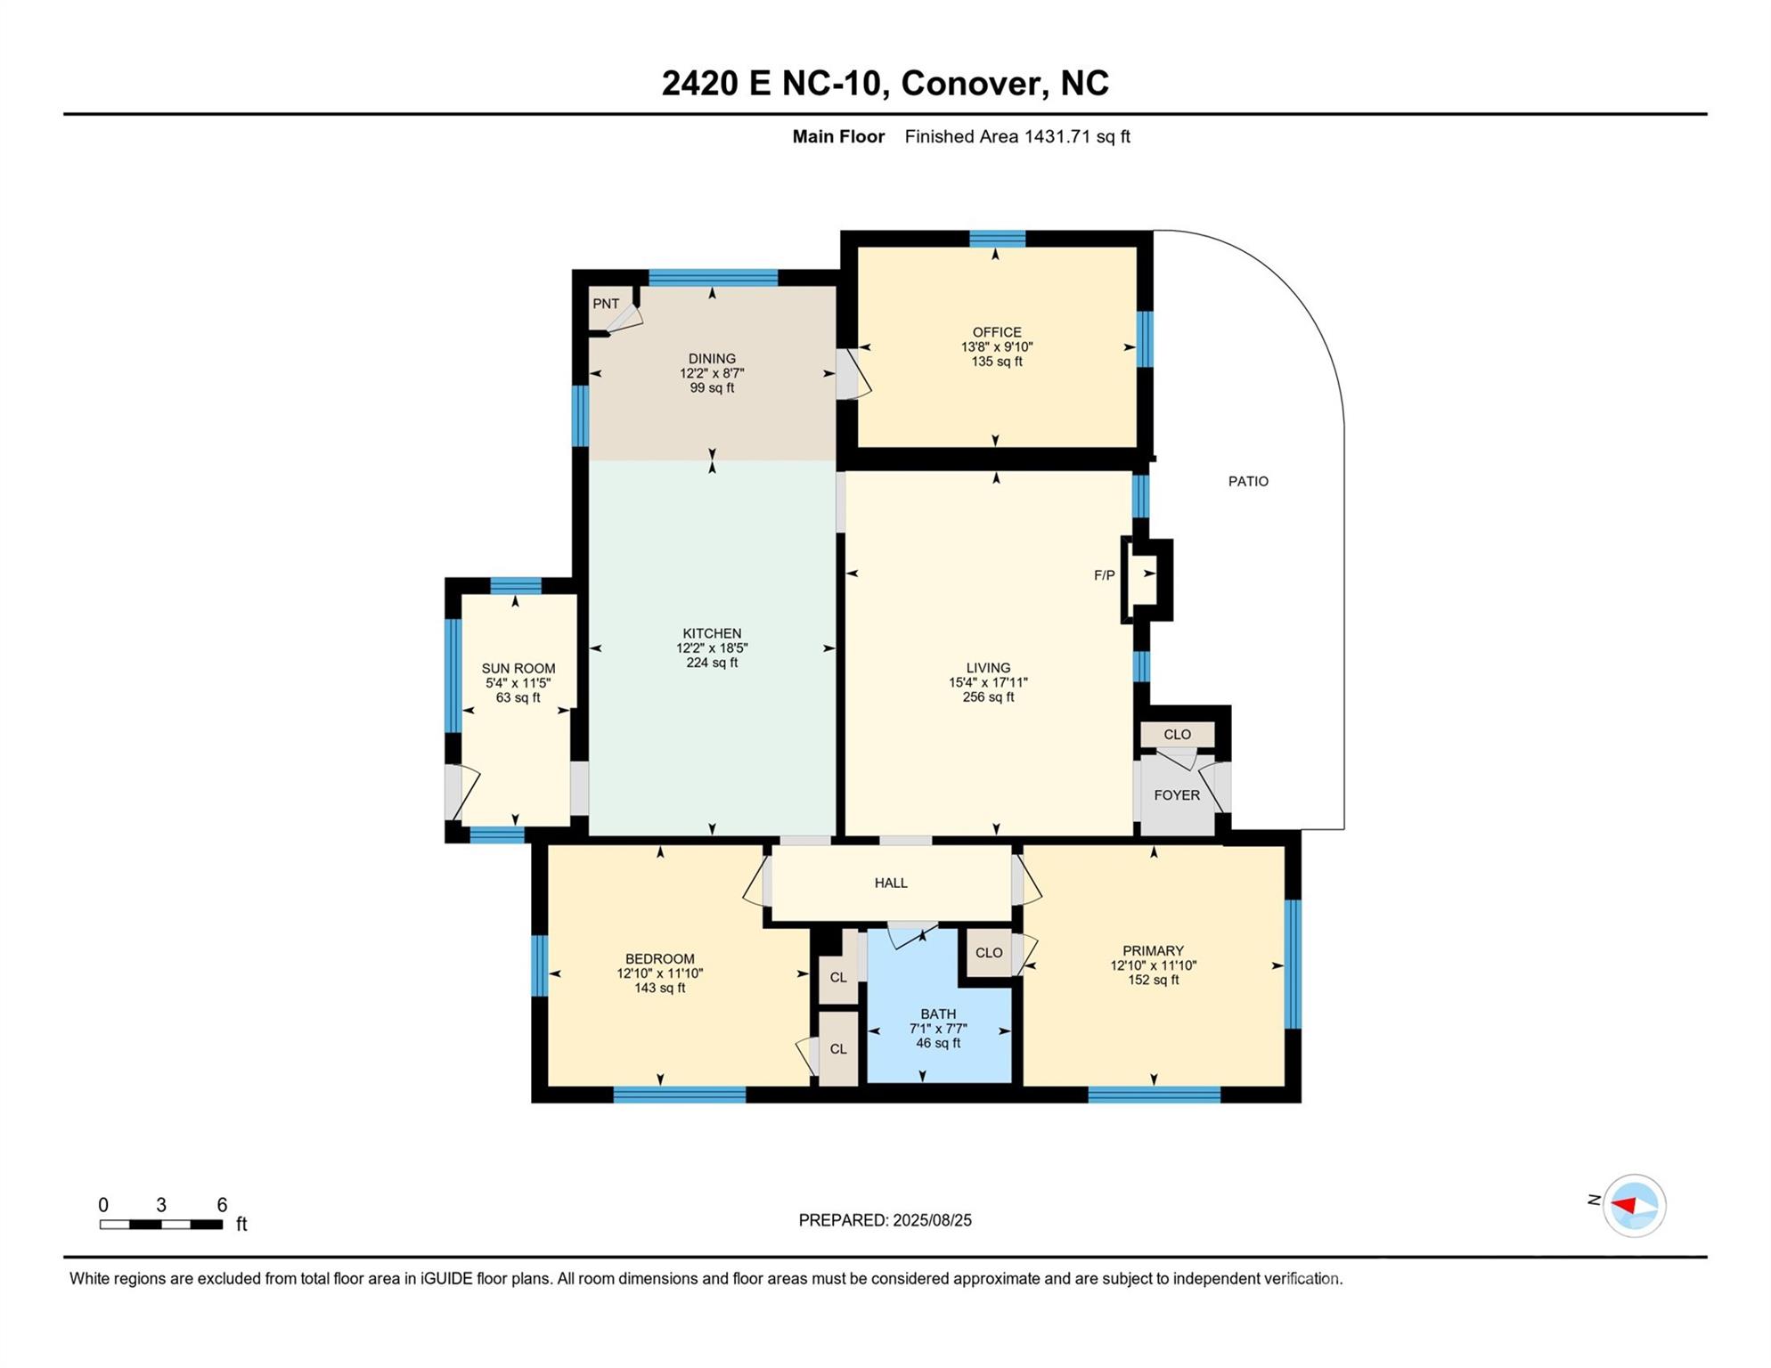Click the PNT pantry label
[x=606, y=304]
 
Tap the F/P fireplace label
[x=1104, y=575]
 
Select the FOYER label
[x=1176, y=795]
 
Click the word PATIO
[x=1248, y=481]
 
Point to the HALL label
[x=890, y=883]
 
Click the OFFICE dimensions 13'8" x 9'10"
[x=996, y=347]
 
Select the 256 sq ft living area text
[x=988, y=697]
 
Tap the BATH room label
[x=938, y=1014]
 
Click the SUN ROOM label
[x=518, y=669]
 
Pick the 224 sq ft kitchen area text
[x=712, y=663]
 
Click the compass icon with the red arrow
[x=1634, y=1206]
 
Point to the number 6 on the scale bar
[x=222, y=1205]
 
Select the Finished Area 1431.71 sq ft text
[x=1016, y=136]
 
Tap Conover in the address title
[x=970, y=83]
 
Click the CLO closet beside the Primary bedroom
[x=988, y=952]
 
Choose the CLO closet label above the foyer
[x=1177, y=735]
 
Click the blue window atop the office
[x=997, y=238]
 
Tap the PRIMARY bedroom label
[x=1153, y=950]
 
